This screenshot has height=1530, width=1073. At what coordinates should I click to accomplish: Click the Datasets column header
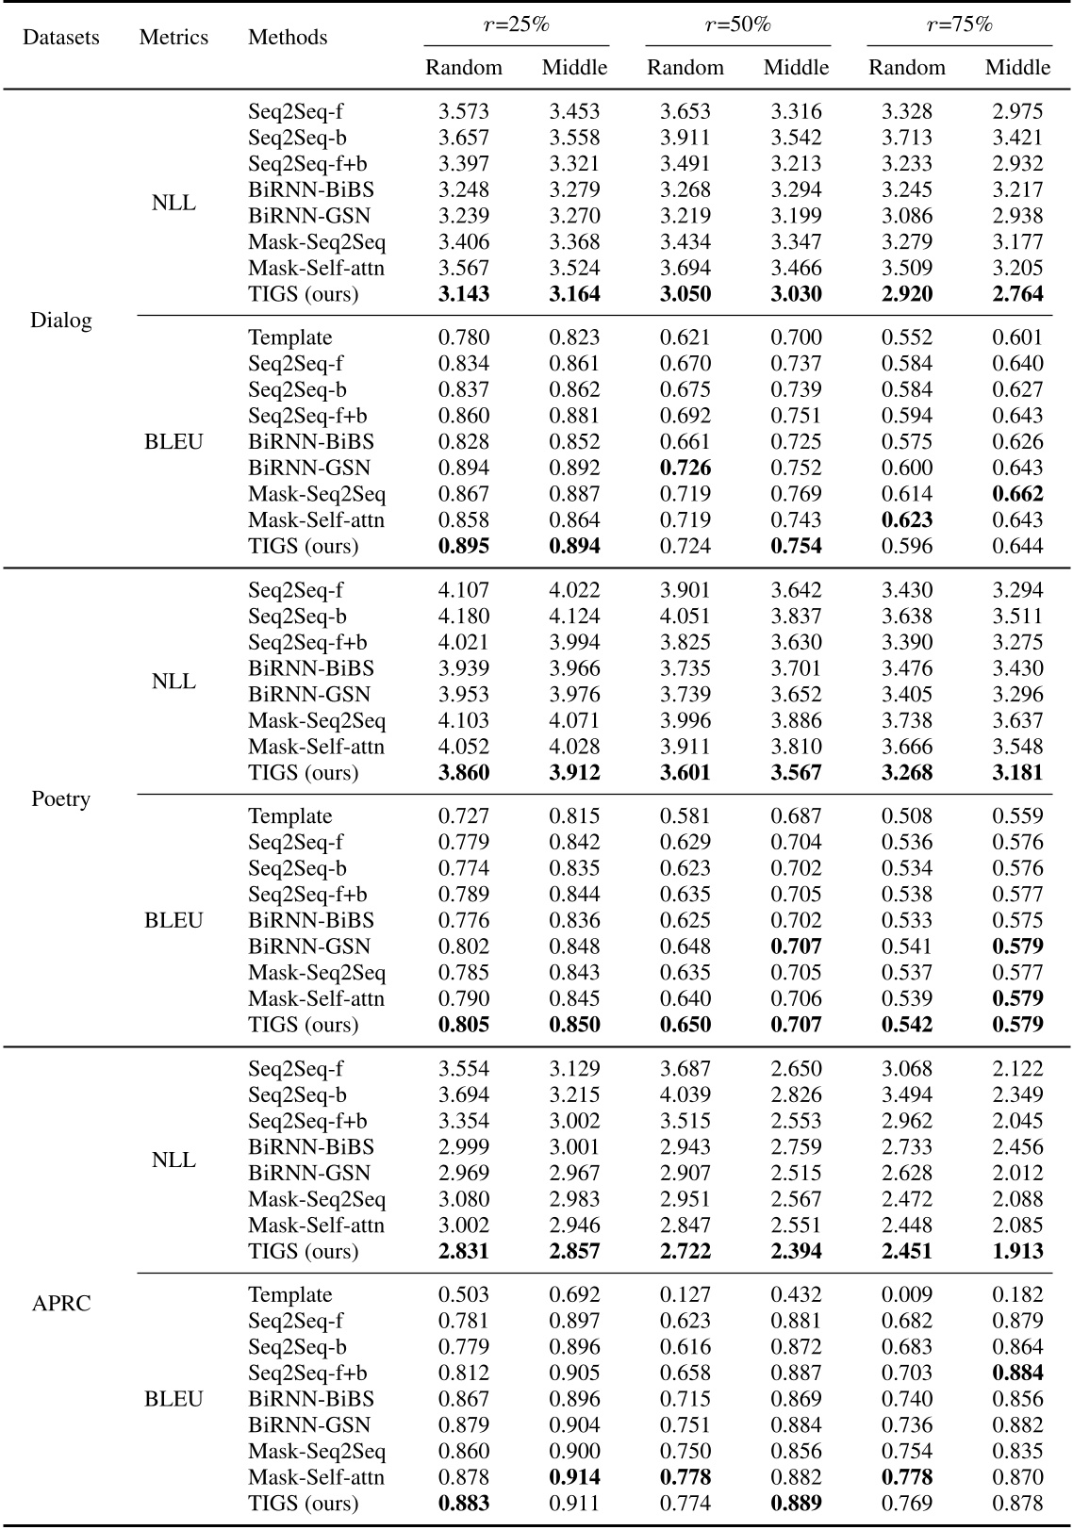pyautogui.click(x=60, y=38)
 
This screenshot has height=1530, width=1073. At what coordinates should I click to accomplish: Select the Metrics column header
pyautogui.click(x=173, y=38)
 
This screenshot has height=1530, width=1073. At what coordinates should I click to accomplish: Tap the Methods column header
pyautogui.click(x=288, y=38)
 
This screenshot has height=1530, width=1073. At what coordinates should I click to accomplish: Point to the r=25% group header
pyautogui.click(x=516, y=25)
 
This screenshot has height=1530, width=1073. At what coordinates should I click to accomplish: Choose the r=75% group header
pyautogui.click(x=959, y=25)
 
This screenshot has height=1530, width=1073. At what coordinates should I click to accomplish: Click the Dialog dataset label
pyautogui.click(x=60, y=321)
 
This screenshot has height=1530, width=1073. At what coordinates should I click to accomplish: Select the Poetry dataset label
pyautogui.click(x=60, y=799)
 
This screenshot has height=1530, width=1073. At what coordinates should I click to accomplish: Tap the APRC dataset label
pyautogui.click(x=60, y=1304)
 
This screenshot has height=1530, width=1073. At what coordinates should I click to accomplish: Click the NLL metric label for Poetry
pyautogui.click(x=173, y=682)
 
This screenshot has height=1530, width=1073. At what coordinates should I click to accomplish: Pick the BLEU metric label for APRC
pyautogui.click(x=173, y=1399)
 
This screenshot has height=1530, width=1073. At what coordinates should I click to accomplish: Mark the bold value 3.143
pyautogui.click(x=464, y=294)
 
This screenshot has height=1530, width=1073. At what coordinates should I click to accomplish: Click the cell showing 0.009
pyautogui.click(x=907, y=1295)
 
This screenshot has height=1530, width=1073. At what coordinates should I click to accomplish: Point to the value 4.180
pyautogui.click(x=464, y=617)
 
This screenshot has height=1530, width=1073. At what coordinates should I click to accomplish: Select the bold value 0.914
pyautogui.click(x=574, y=1477)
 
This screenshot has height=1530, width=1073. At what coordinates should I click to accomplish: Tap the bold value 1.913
pyautogui.click(x=1017, y=1252)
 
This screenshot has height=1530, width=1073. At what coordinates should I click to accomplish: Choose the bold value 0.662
pyautogui.click(x=1017, y=494)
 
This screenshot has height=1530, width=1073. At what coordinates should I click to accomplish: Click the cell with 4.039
pyautogui.click(x=685, y=1095)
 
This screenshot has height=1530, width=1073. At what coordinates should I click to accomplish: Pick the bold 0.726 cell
pyautogui.click(x=685, y=468)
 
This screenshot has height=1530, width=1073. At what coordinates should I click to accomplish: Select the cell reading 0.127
pyautogui.click(x=685, y=1295)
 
